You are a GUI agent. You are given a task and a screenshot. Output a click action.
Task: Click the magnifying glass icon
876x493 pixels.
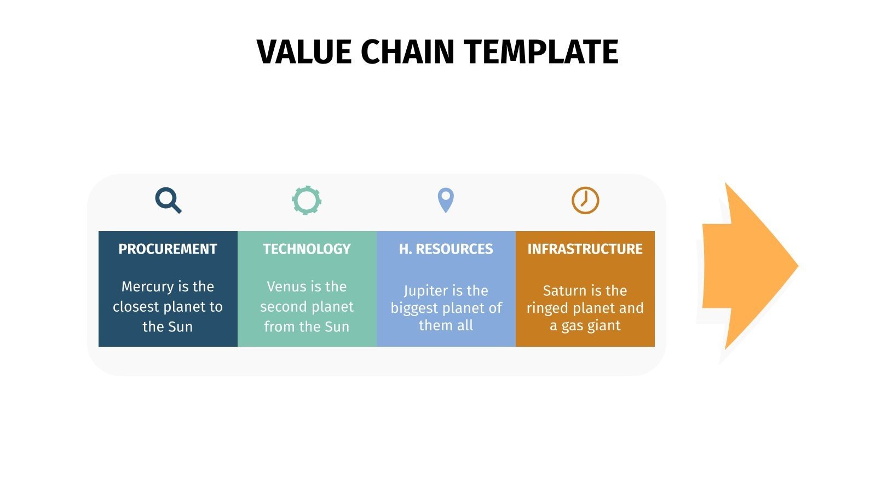tap(168, 200)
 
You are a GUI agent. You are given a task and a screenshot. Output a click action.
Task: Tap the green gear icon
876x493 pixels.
tap(307, 200)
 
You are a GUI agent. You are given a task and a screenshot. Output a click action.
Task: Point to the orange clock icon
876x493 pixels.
tap(585, 200)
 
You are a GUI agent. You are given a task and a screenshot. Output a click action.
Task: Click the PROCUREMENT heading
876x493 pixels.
tap(168, 249)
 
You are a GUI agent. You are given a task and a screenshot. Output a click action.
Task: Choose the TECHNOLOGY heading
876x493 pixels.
tap(307, 249)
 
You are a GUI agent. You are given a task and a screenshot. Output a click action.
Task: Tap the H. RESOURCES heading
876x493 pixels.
tap(446, 249)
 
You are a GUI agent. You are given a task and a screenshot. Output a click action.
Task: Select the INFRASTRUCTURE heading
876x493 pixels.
tap(585, 249)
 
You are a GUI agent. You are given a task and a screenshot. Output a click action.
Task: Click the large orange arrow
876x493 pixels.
tap(750, 266)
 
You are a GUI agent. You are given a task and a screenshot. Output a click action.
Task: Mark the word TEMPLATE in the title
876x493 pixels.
tap(542, 53)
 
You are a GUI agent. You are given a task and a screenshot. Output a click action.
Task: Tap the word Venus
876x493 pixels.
tap(286, 286)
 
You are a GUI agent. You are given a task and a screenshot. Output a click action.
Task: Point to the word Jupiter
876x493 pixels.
tap(425, 291)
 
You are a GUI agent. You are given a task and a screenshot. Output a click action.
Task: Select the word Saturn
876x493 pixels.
tap(564, 290)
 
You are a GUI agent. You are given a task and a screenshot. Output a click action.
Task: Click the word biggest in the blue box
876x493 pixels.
tap(414, 308)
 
